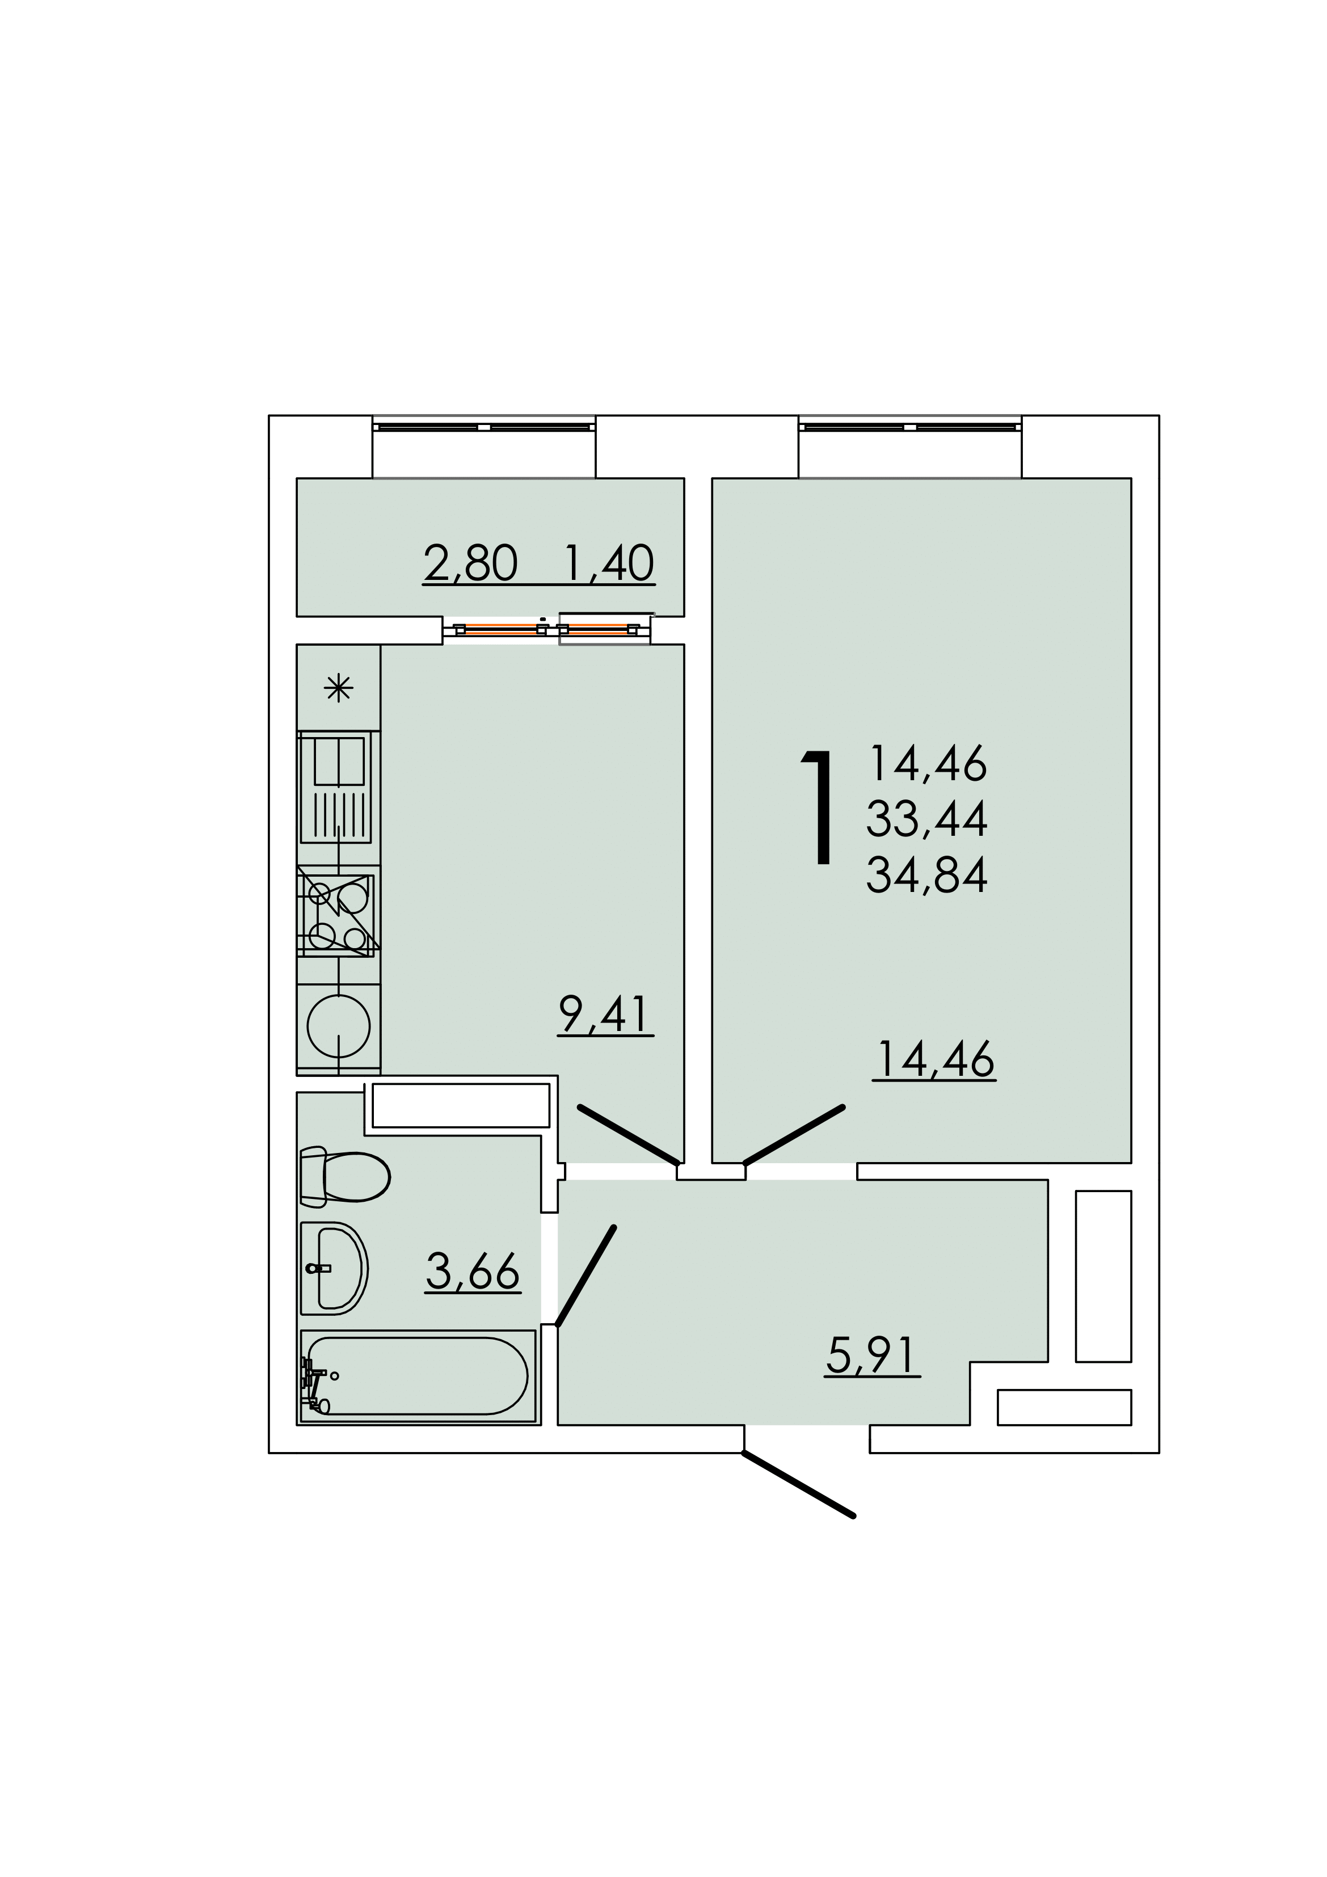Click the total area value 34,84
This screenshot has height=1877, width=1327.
[x=927, y=875]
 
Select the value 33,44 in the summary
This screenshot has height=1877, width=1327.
[x=927, y=819]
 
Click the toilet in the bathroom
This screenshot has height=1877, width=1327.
[x=344, y=1177]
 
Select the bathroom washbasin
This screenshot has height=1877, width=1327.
[x=334, y=1268]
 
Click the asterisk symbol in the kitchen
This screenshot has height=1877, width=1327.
[x=339, y=688]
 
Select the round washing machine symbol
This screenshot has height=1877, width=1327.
[x=339, y=1025]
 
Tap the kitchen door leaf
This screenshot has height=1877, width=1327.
[x=629, y=1135]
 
